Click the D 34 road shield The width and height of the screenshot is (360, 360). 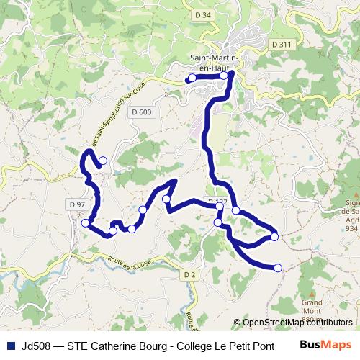click(203, 14)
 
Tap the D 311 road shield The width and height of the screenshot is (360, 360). click(282, 45)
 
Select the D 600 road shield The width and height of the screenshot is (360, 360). click(142, 112)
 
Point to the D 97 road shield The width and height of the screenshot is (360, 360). click(78, 205)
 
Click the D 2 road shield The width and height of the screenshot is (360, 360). click(189, 274)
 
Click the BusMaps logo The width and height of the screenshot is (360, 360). click(325, 345)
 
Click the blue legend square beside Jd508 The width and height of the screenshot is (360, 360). click(10, 345)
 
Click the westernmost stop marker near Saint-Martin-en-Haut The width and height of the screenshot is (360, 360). click(192, 78)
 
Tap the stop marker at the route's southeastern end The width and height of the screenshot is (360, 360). click(278, 268)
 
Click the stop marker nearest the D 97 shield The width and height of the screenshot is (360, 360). click(86, 222)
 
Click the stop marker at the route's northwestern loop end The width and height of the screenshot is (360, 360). click(103, 161)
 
